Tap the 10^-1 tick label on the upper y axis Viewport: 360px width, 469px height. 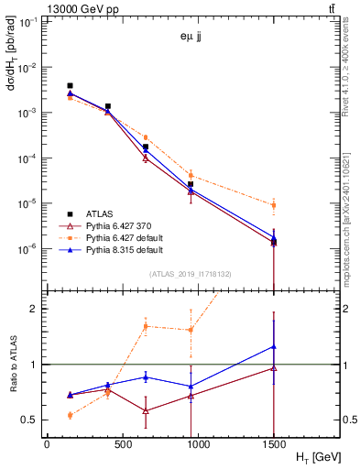click(x=27, y=22)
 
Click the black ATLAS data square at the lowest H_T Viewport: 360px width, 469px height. click(x=71, y=86)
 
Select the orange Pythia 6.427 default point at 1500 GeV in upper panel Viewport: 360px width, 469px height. click(x=274, y=205)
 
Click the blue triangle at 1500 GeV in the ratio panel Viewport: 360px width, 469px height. click(x=274, y=346)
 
